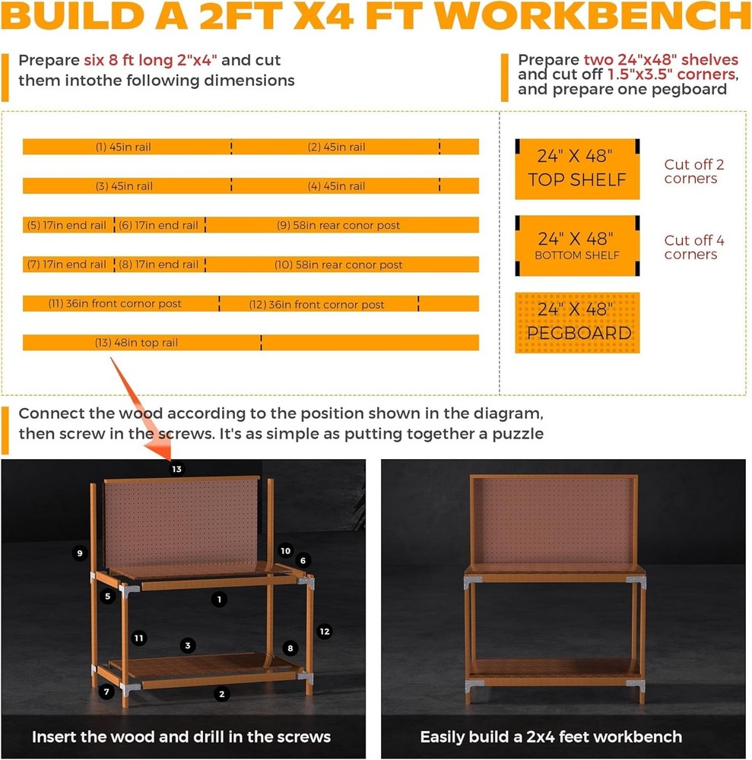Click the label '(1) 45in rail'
tap(123, 147)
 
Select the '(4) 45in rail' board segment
tap(336, 186)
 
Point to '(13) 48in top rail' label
tap(136, 343)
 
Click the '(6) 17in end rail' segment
tap(159, 225)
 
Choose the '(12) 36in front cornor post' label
tap(317, 304)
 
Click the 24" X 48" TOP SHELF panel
tap(577, 169)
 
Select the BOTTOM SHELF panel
tap(577, 246)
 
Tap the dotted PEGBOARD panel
tap(577, 322)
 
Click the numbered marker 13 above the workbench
tap(176, 470)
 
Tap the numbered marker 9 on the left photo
tap(80, 553)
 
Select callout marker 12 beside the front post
tap(325, 631)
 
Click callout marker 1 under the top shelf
tap(219, 600)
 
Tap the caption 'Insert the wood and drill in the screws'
tap(181, 736)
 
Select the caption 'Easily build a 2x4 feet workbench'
tap(551, 736)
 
